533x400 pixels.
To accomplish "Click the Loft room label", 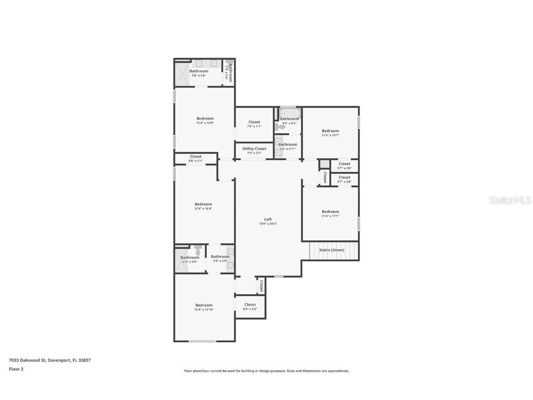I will click(268, 219).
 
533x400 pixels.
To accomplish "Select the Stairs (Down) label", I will click(332, 250).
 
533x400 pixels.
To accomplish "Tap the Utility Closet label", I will click(254, 149).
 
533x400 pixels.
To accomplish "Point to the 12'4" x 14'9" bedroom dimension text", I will click(205, 123).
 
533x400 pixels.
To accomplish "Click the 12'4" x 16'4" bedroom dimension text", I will click(203, 209).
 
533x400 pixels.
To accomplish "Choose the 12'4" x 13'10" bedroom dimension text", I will click(204, 310).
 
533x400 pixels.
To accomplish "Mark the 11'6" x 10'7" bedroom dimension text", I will click(330, 135).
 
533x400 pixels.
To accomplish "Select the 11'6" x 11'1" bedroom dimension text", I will click(330, 216).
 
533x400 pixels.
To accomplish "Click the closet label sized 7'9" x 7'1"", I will click(254, 122).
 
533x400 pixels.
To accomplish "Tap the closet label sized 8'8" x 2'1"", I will click(196, 156).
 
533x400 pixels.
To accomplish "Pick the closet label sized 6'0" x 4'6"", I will click(250, 305).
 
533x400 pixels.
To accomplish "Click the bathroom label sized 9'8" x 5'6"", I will click(199, 71).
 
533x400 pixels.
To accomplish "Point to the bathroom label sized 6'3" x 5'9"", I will click(190, 257).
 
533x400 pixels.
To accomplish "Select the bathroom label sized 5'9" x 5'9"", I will click(220, 256).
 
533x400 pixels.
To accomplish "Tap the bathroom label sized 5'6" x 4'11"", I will click(288, 144).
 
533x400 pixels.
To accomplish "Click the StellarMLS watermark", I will click(510, 200).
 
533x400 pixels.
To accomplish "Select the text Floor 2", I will click(16, 369).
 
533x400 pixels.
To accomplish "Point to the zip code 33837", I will click(84, 360).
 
